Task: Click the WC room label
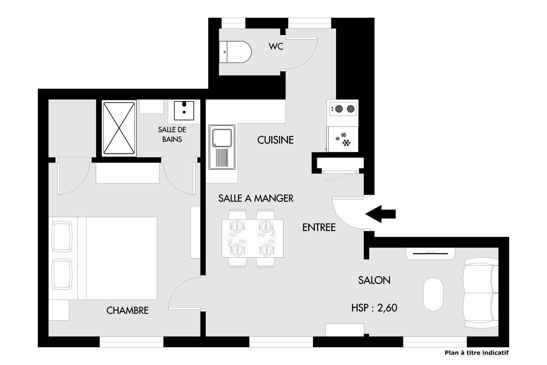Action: (276, 47)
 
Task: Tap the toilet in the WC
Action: (235, 52)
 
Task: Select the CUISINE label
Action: (275, 140)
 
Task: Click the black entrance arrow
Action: (381, 214)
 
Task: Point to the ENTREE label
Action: (319, 228)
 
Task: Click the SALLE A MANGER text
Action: (256, 198)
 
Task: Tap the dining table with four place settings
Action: (253, 238)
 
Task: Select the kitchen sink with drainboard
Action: (222, 147)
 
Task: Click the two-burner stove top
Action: (343, 109)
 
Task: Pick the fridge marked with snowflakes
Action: (343, 139)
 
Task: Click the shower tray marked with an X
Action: (119, 128)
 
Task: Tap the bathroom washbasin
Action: (184, 110)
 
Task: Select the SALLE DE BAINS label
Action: (172, 135)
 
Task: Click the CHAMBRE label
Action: (128, 311)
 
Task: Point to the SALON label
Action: (374, 280)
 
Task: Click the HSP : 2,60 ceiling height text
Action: (374, 308)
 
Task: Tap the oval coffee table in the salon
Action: (433, 294)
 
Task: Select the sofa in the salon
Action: (481, 292)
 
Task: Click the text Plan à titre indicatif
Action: (477, 353)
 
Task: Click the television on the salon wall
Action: (430, 254)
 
